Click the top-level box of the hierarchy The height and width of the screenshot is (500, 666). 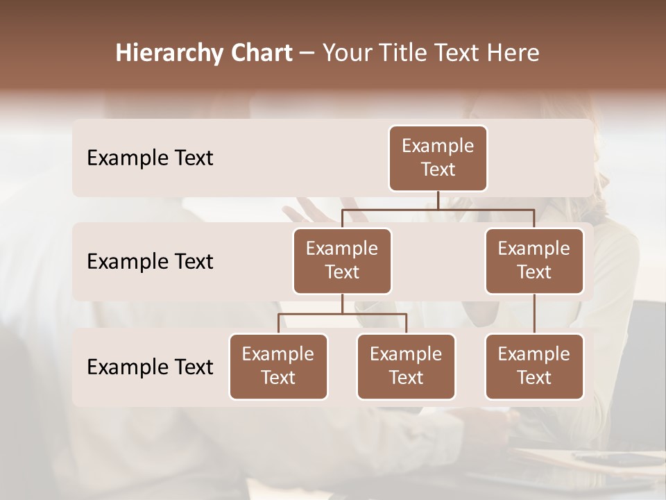click(438, 158)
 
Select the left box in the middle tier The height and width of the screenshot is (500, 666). click(342, 260)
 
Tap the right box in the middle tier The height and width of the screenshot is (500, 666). click(534, 260)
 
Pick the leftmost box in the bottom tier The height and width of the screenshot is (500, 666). click(278, 366)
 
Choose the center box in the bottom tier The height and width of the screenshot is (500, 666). click(406, 366)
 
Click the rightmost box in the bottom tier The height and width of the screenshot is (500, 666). click(534, 366)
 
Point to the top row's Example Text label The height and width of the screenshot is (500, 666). click(150, 158)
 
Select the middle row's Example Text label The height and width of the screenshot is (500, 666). click(150, 262)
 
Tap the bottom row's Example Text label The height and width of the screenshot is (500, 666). click(150, 367)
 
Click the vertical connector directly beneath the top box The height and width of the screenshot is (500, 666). click(438, 200)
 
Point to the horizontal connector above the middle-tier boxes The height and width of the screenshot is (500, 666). click(438, 209)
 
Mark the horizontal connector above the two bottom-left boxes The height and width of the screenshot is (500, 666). click(342, 314)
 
